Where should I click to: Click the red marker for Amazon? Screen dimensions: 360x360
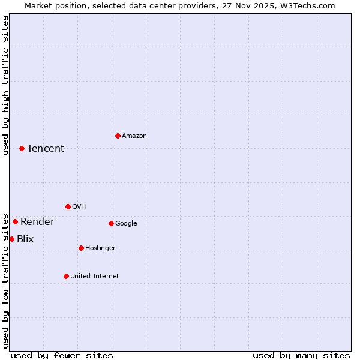(118, 136)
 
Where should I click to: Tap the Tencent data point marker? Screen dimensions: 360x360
(22, 148)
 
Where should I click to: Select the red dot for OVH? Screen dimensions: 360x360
(68, 206)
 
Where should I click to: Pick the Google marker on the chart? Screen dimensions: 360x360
(111, 223)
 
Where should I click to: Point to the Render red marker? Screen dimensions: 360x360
(15, 221)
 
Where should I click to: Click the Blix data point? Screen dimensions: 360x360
(11, 239)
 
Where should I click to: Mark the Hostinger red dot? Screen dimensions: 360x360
(81, 248)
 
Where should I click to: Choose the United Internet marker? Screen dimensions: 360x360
(66, 276)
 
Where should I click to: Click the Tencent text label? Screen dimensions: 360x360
(46, 149)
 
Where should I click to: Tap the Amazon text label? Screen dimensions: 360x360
(134, 136)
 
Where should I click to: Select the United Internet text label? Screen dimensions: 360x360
(95, 277)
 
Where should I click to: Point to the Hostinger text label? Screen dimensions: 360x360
(100, 248)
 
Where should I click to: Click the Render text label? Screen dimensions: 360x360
(37, 222)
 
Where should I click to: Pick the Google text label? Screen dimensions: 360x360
(126, 224)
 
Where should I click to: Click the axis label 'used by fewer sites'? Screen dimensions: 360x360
(62, 355)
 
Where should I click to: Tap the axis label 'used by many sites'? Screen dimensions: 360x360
(301, 355)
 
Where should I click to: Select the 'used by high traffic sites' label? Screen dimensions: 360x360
(6, 85)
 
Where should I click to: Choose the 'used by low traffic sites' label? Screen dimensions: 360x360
(6, 281)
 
